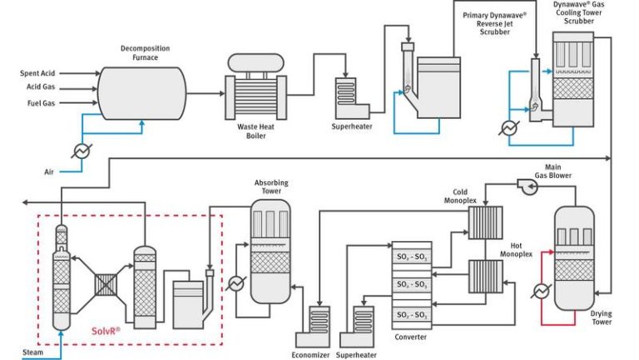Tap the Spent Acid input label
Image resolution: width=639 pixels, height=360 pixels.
coord(37,73)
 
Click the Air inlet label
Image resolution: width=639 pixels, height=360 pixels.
coord(49,172)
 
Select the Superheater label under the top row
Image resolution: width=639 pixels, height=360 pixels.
coord(353,126)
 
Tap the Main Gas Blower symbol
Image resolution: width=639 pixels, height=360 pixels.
coord(527,187)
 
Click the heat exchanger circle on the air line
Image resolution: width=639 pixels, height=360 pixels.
coord(82,150)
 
